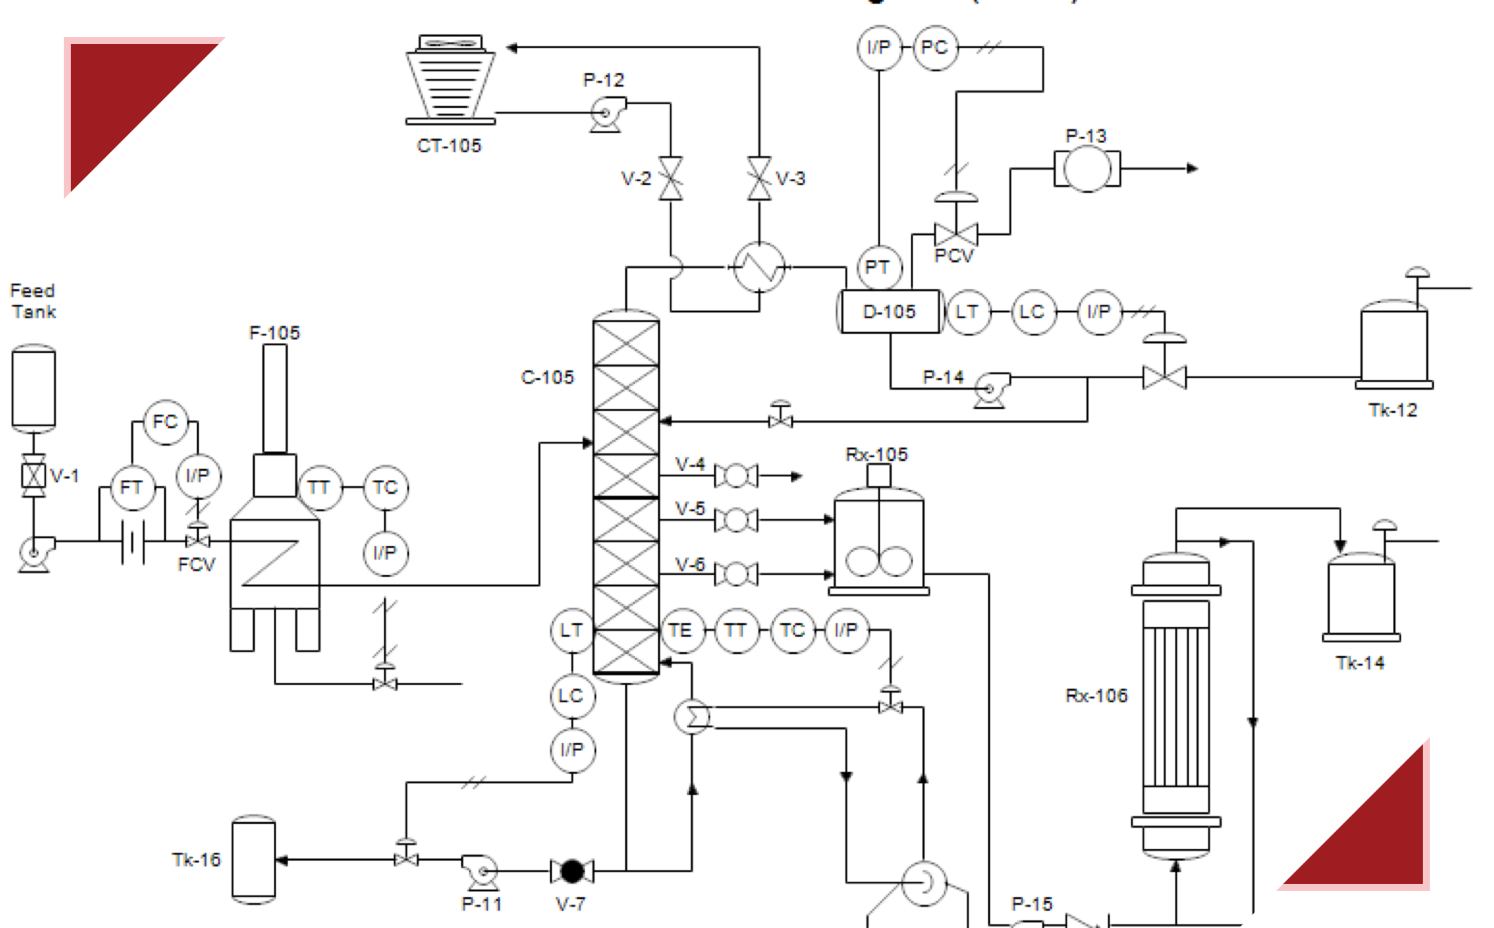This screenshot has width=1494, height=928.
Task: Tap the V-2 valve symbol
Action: click(671, 178)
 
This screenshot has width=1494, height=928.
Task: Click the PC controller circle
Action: click(935, 48)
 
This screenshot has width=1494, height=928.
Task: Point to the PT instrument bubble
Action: click(878, 267)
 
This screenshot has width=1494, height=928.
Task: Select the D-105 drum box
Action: click(890, 312)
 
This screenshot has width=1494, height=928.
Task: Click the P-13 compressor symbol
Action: click(1086, 169)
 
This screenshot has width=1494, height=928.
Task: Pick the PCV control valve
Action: click(956, 234)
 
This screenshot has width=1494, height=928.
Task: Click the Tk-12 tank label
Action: click(1392, 410)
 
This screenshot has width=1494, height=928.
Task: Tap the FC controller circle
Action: click(165, 422)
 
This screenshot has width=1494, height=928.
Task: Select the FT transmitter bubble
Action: click(131, 487)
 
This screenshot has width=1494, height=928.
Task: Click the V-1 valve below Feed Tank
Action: click(34, 475)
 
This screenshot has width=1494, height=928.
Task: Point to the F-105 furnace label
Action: click(274, 333)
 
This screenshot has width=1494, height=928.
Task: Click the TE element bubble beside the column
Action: click(681, 630)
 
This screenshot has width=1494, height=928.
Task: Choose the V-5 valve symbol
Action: click(736, 520)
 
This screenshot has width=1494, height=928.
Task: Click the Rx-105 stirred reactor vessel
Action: click(878, 544)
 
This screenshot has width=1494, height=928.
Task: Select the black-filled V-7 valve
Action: click(572, 871)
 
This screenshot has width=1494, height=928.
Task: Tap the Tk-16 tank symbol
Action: click(253, 859)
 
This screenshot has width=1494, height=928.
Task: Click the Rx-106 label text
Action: click(1096, 695)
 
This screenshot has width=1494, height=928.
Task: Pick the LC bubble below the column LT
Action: click(571, 695)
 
